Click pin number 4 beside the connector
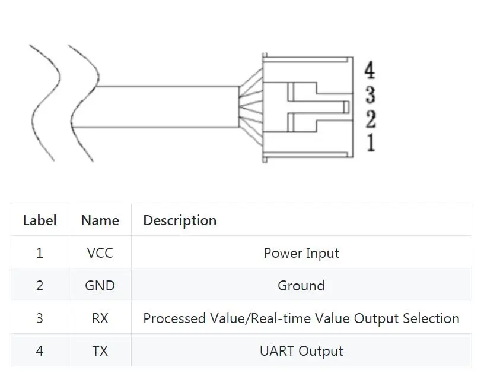370,69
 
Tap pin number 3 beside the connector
370,94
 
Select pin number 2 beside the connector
371,119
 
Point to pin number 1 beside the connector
371,143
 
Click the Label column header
40,220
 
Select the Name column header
100,220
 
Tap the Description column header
180,220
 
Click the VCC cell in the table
100,253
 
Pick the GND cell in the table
100,286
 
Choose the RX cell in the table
100,318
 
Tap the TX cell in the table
100,351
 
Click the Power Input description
301,253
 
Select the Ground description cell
301,286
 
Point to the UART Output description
301,351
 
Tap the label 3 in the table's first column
40,318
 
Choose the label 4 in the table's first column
40,351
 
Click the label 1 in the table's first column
40,253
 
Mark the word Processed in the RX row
174,318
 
